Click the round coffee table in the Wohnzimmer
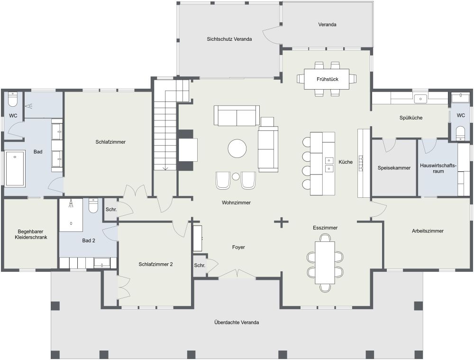[237, 148]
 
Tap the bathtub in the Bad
[15, 168]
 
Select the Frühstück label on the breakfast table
[328, 79]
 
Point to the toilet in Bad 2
[93, 206]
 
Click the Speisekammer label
[394, 168]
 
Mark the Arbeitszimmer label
[428, 231]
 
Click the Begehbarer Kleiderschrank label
[31, 234]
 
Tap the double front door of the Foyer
[237, 274]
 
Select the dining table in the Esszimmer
[325, 262]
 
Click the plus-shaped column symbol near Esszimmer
[282, 222]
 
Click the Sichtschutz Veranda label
[229, 39]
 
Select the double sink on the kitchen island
[328, 164]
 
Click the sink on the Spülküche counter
[420, 99]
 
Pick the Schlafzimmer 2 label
[155, 264]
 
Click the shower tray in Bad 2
[71, 214]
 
